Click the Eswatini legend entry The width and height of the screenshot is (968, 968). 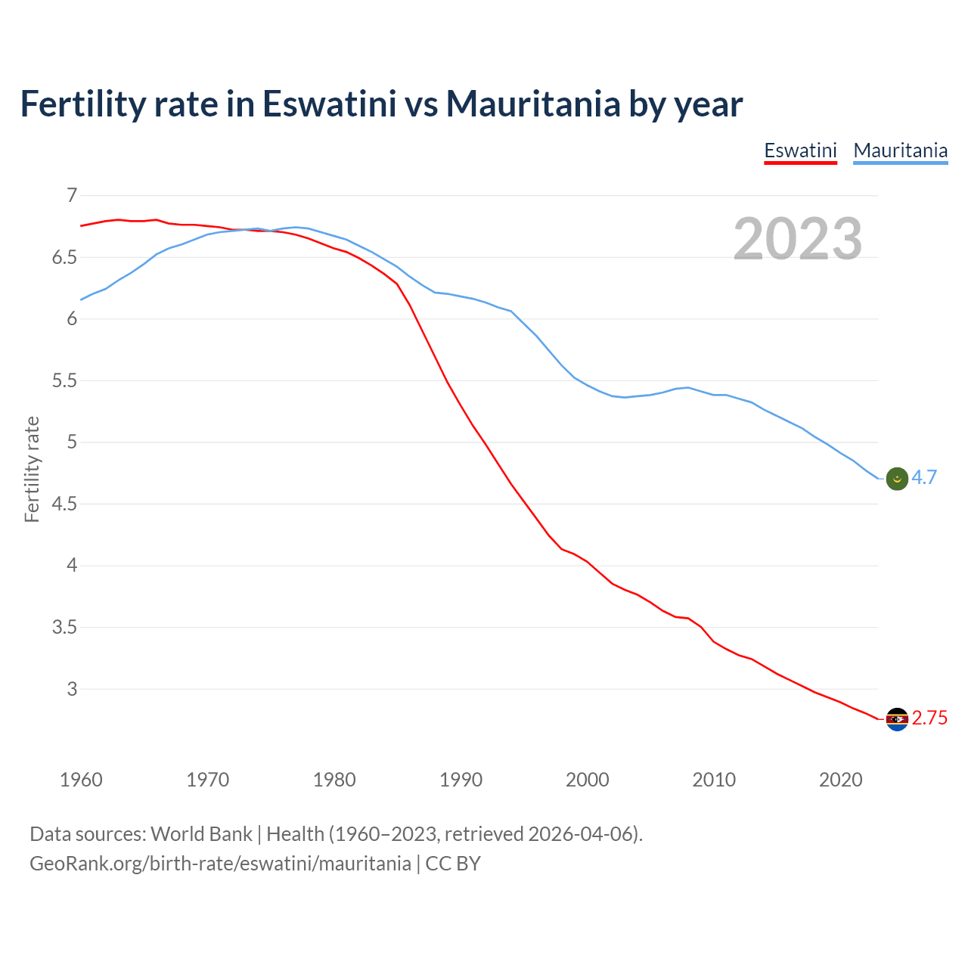(x=800, y=150)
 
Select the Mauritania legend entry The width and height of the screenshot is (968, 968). (x=900, y=150)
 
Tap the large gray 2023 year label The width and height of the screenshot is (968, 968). (x=798, y=239)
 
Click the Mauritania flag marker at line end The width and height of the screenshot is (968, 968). (x=896, y=479)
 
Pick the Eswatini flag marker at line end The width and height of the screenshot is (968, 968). (x=896, y=719)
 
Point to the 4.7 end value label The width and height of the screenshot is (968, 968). (x=923, y=478)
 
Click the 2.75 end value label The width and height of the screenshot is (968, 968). (x=929, y=718)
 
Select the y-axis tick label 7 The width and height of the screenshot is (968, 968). (x=72, y=196)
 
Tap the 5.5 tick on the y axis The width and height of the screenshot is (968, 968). (x=64, y=381)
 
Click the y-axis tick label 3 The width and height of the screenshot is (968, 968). (x=72, y=689)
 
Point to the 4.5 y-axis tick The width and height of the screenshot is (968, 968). (x=64, y=504)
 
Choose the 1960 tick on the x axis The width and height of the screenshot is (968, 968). (x=81, y=780)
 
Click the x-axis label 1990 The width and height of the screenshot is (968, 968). (x=461, y=780)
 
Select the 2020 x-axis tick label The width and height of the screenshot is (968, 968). (x=840, y=780)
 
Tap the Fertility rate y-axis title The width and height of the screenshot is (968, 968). (x=32, y=469)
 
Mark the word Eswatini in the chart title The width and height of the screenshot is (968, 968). (x=329, y=104)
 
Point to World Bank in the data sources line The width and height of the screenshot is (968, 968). (x=201, y=834)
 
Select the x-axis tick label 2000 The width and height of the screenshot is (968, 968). (x=587, y=780)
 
